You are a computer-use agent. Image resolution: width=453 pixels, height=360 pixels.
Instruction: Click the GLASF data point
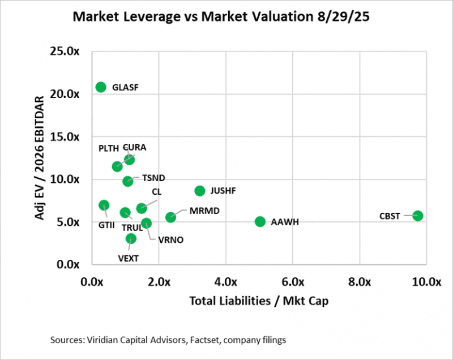point(101,87)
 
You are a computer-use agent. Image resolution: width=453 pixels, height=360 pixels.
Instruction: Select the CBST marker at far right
point(418,216)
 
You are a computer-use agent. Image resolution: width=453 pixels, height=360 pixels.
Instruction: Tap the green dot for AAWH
point(260,221)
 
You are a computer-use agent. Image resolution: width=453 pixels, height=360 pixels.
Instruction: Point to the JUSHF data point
point(200,191)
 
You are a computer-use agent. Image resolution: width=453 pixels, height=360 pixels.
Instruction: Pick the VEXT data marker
point(131,239)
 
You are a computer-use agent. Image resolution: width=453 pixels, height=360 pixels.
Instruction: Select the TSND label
point(153,178)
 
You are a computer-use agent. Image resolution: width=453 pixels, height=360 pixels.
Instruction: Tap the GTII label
point(106,225)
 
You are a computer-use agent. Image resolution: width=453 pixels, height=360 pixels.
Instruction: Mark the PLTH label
point(109,148)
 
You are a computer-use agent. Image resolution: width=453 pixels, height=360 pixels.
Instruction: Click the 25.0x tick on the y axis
point(69,52)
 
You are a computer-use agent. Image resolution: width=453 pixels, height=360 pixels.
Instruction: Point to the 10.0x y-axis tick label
point(69,179)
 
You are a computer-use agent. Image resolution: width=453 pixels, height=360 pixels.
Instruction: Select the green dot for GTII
point(104,205)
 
